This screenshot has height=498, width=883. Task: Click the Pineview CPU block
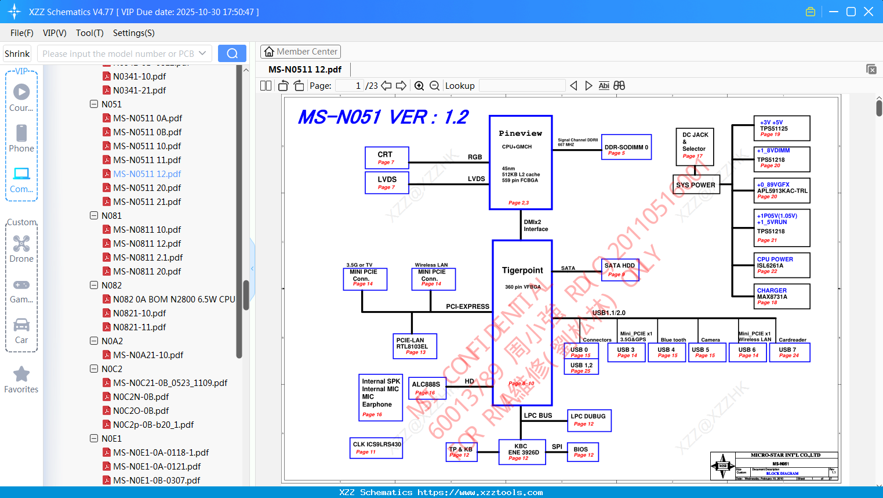(520, 163)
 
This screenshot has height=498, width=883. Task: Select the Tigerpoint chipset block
(522, 323)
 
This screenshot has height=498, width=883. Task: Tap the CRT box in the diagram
(387, 157)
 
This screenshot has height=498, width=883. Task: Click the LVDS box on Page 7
(387, 182)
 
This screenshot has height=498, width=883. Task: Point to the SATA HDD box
(620, 269)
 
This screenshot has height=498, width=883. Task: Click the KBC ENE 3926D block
(522, 452)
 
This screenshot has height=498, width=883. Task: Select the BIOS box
(583, 452)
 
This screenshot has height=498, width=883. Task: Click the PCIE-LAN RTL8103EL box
(415, 346)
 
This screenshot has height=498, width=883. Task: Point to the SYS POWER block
(696, 185)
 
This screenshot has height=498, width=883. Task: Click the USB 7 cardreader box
(789, 352)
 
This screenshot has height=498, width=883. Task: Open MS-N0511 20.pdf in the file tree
(147, 188)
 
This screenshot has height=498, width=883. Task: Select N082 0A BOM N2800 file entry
(173, 299)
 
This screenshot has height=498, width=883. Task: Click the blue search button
(232, 53)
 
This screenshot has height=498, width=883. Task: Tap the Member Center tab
(300, 52)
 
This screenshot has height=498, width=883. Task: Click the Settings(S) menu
(133, 33)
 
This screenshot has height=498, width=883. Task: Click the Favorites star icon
(21, 374)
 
